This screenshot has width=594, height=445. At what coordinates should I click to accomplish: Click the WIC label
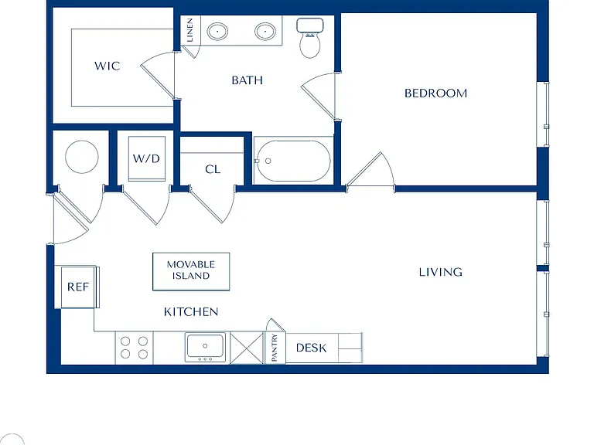click(x=108, y=66)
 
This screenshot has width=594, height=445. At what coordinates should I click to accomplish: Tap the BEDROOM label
click(x=435, y=93)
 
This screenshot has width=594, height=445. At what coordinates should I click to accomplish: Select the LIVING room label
click(x=441, y=272)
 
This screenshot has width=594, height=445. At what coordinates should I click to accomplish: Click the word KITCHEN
click(x=191, y=312)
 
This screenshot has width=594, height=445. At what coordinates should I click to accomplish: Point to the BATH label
click(x=247, y=80)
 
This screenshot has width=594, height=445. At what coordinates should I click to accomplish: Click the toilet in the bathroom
click(x=310, y=37)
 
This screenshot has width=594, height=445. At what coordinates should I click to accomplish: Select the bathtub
click(x=293, y=161)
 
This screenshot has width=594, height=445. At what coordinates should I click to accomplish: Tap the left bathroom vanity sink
click(x=217, y=32)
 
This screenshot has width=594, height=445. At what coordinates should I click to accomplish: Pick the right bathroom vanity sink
click(x=265, y=32)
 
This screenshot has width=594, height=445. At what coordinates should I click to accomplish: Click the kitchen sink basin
click(x=205, y=347)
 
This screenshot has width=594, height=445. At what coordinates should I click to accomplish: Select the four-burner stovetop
click(x=134, y=348)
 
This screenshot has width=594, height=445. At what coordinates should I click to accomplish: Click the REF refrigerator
click(x=78, y=287)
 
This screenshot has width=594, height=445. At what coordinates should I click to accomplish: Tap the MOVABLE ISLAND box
click(x=191, y=271)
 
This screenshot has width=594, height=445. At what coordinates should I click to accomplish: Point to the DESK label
click(x=312, y=348)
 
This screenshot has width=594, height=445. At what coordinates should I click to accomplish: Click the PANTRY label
click(x=275, y=348)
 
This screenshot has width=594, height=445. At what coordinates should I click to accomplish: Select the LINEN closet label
click(x=190, y=30)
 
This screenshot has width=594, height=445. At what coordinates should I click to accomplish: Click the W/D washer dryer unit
click(x=147, y=158)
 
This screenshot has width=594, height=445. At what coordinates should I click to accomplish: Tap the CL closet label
click(x=213, y=169)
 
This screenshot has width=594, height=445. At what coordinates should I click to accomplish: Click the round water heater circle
click(x=82, y=157)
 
